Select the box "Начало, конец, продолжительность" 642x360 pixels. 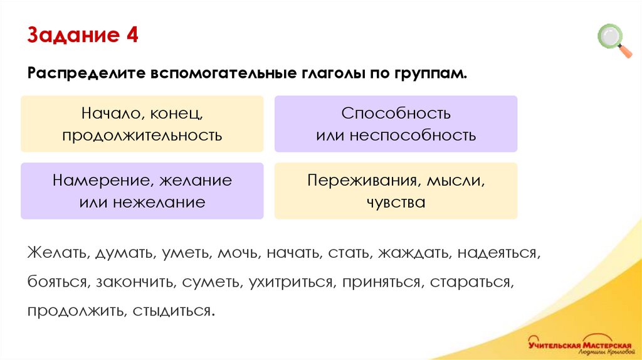tap(142, 124)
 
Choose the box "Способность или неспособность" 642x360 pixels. tap(396, 124)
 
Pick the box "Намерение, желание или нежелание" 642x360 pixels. tap(142, 191)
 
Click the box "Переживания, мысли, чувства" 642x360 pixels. tap(396, 191)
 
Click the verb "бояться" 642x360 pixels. tap(56, 282)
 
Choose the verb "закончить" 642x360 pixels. tap(134, 282)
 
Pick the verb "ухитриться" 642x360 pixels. tap(290, 282)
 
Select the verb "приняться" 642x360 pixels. tap(381, 282)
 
